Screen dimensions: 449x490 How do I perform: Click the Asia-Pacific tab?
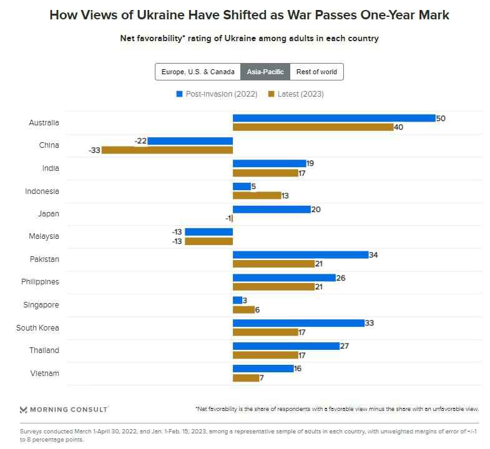tap(265, 72)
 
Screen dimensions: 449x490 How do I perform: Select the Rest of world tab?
tap(316, 72)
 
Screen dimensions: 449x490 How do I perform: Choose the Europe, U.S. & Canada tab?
tap(198, 72)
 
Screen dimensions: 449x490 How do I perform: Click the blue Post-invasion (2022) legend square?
tap(180, 94)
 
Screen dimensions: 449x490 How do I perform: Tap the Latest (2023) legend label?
tap(300, 94)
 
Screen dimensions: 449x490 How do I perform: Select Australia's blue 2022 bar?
tap(334, 118)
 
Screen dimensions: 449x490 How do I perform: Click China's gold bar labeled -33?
tap(167, 150)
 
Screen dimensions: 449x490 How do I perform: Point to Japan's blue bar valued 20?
tap(272, 209)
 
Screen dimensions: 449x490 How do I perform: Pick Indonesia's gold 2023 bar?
tap(257, 195)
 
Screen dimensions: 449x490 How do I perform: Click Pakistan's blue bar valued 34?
tap(301, 254)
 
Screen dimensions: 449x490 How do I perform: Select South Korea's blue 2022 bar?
tap(298, 323)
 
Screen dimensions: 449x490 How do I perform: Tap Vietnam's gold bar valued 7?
tap(246, 378)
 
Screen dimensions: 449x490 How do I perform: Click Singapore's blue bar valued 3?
tap(237, 300)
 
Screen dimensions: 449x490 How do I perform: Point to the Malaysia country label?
tap(44, 236)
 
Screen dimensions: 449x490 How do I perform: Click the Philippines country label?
tap(40, 282)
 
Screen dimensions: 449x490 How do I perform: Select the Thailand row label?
tap(44, 350)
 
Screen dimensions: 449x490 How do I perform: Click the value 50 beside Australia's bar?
tap(441, 118)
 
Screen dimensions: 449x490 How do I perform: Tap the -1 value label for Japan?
tap(228, 218)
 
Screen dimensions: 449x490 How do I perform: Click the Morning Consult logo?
tap(64, 409)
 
